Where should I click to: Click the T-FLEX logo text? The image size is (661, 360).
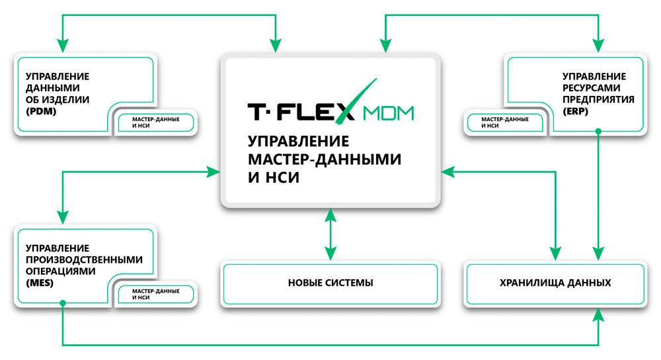pyautogui.click(x=301, y=112)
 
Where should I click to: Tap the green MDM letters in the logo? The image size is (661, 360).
pyautogui.click(x=388, y=113)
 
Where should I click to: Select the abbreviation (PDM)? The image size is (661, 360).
pyautogui.click(x=41, y=111)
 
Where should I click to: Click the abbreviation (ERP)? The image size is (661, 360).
pyautogui.click(x=575, y=111)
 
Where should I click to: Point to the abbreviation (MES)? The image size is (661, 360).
pyautogui.click(x=40, y=283)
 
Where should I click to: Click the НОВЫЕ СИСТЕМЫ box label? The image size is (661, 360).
pyautogui.click(x=330, y=283)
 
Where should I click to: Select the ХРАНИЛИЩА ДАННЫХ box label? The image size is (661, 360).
pyautogui.click(x=555, y=283)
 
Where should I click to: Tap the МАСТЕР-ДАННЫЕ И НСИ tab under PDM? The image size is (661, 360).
pyautogui.click(x=155, y=122)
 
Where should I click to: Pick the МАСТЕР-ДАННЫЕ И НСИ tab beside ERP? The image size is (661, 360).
pyautogui.click(x=504, y=122)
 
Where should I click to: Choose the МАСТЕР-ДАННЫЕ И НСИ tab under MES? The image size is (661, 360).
pyautogui.click(x=155, y=294)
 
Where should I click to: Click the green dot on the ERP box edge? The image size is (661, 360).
pyautogui.click(x=598, y=132)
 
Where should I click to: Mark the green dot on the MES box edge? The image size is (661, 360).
pyautogui.click(x=63, y=303)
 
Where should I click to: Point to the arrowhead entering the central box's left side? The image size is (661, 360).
pyautogui.click(x=214, y=172)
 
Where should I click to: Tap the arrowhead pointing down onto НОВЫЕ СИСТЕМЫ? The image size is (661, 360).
pyautogui.click(x=330, y=253)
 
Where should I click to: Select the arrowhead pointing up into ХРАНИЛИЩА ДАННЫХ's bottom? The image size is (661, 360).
pyautogui.click(x=598, y=314)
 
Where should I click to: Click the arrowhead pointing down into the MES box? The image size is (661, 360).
pyautogui.click(x=63, y=217)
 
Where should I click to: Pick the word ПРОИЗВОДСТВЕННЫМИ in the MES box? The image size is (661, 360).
pyautogui.click(x=85, y=259)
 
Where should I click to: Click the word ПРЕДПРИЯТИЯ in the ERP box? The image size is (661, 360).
pyautogui.click(x=598, y=100)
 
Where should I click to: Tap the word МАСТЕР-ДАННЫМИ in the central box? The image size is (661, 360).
pyautogui.click(x=325, y=159)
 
